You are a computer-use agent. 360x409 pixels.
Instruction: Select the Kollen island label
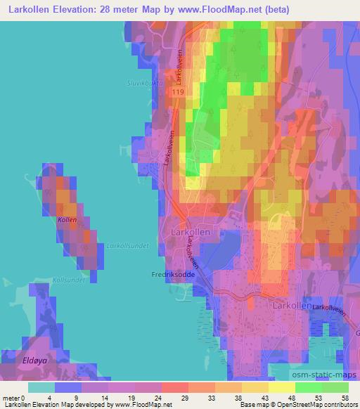pyautogui.click(x=67, y=220)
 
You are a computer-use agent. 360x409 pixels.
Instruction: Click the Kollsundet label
pyautogui.click(x=69, y=280)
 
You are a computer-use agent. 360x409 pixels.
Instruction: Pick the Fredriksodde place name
pyautogui.click(x=173, y=275)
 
